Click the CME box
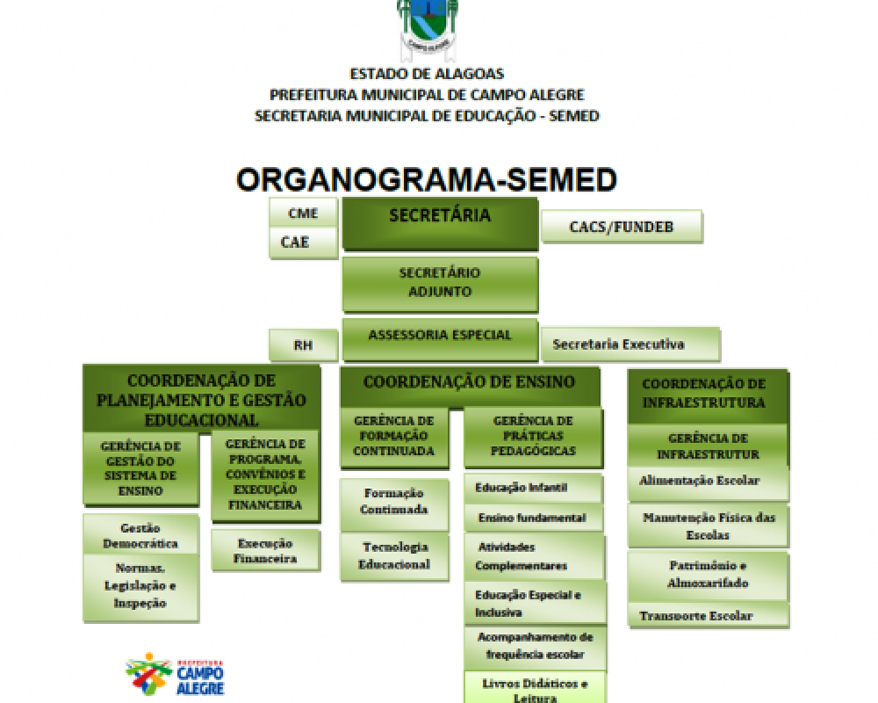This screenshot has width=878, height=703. click(x=303, y=214)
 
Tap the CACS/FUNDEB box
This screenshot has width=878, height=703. click(x=622, y=226)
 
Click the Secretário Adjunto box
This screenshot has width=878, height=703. click(x=439, y=283)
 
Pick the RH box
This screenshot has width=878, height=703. click(x=303, y=345)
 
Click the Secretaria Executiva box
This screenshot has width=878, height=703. click(x=630, y=344)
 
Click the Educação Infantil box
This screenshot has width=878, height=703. click(x=533, y=487)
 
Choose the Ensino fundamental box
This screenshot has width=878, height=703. click(x=533, y=518)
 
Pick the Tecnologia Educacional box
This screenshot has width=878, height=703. click(x=394, y=555)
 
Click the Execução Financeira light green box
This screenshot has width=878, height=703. click(x=265, y=550)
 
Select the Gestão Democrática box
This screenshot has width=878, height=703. click(x=140, y=535)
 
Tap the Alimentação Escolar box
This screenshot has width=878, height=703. click(x=707, y=482)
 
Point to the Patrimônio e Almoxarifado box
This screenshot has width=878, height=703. click(x=707, y=574)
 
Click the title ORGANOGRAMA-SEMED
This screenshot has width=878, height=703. click(x=427, y=179)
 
